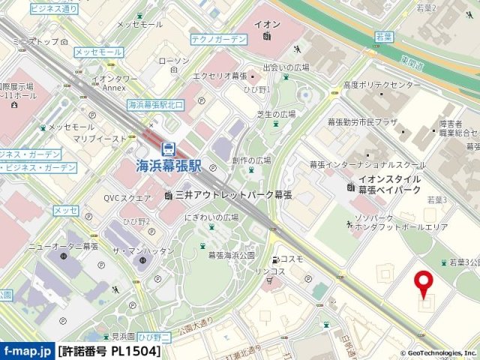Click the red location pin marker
coord(424,284)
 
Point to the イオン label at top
coord(267,23)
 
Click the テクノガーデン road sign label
coord(218,38)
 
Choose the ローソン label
coord(174,61)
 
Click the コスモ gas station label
coord(292,259)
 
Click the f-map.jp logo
coord(27,351)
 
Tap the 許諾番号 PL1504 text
coord(109,351)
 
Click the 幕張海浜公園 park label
coord(233,256)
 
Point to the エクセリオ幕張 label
coord(219,76)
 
